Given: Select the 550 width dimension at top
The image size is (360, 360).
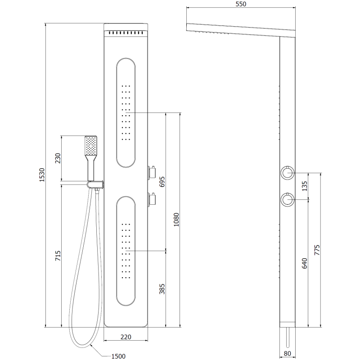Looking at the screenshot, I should pos(240,4).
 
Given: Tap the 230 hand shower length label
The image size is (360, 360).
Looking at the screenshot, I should pos(57,159).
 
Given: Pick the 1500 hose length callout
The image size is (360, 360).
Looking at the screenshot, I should pos(118,356).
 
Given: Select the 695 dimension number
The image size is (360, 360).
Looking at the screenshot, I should pos(163,181).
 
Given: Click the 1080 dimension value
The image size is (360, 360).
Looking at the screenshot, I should pos(177,220).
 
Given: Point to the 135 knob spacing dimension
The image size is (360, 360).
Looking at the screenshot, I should pos(304,186).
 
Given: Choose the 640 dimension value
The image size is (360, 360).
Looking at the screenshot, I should pos(304,263).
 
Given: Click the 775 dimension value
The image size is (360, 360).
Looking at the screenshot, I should pos(317,250).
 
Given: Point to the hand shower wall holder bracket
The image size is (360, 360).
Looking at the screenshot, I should pos(95,184).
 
